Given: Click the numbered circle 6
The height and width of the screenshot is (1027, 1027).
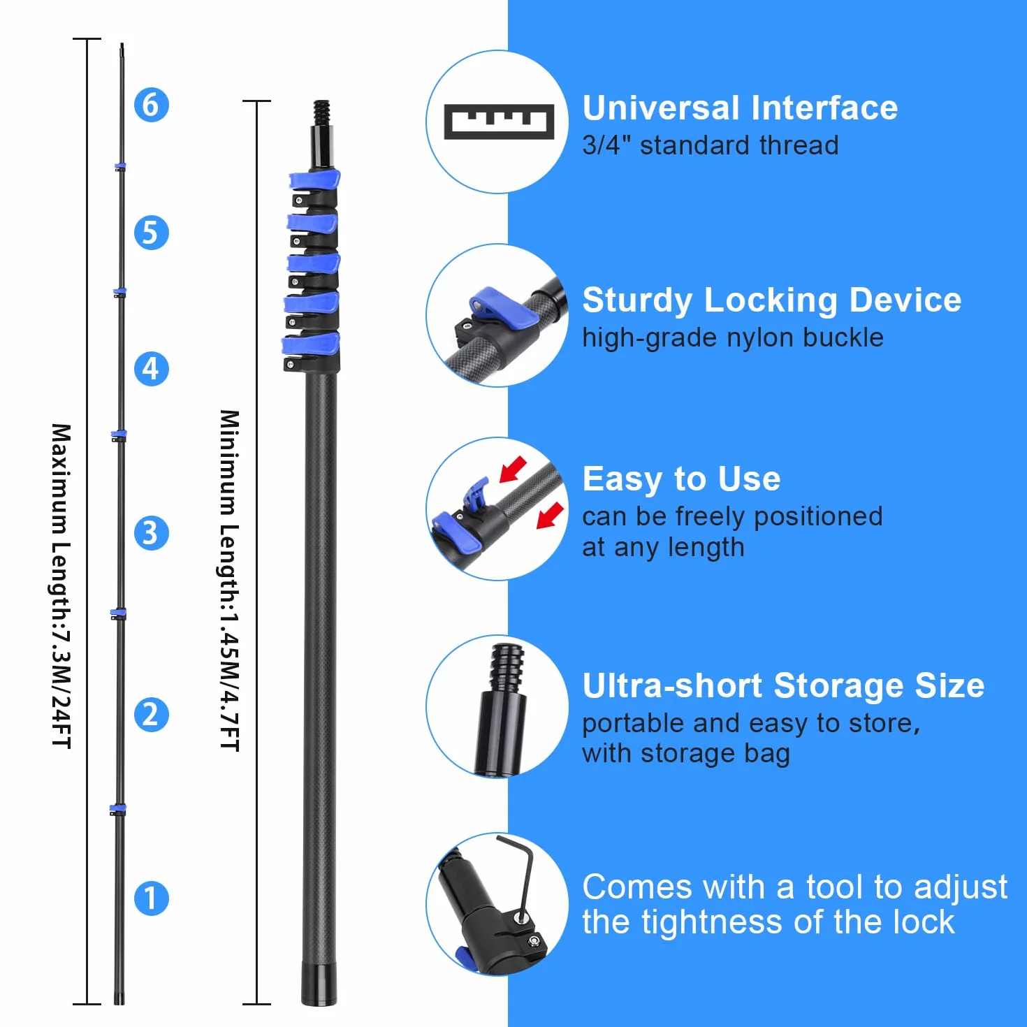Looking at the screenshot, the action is click(x=152, y=105).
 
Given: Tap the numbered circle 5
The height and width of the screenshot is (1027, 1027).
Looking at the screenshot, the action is click(x=152, y=233).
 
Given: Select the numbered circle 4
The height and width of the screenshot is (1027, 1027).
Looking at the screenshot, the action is click(x=152, y=368).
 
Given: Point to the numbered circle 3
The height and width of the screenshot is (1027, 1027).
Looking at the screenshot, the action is click(x=152, y=532).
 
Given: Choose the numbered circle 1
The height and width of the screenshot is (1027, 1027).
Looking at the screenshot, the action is click(x=152, y=898).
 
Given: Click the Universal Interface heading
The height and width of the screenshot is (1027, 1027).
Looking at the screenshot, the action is click(x=740, y=108).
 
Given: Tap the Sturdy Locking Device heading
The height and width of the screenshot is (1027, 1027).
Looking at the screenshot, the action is click(x=772, y=300).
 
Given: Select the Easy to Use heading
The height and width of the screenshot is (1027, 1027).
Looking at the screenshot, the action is click(x=681, y=479).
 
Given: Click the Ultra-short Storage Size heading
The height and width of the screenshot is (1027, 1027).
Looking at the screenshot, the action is click(x=783, y=685).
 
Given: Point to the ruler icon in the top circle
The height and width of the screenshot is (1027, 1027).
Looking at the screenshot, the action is click(x=499, y=122).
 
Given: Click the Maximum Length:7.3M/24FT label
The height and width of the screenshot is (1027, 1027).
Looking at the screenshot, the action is click(x=61, y=586).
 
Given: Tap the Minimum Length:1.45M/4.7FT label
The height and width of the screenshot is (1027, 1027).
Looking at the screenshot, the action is click(x=230, y=581).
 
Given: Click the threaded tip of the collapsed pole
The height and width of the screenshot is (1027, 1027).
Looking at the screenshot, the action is click(x=321, y=112).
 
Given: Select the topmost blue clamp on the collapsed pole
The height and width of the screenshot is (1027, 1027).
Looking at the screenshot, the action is click(x=314, y=180).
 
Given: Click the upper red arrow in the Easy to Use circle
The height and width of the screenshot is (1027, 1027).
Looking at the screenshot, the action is click(x=513, y=469).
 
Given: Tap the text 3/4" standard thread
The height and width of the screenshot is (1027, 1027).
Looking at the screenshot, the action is click(x=711, y=145).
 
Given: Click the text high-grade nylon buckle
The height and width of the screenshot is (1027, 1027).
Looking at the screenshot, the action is click(x=733, y=338).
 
